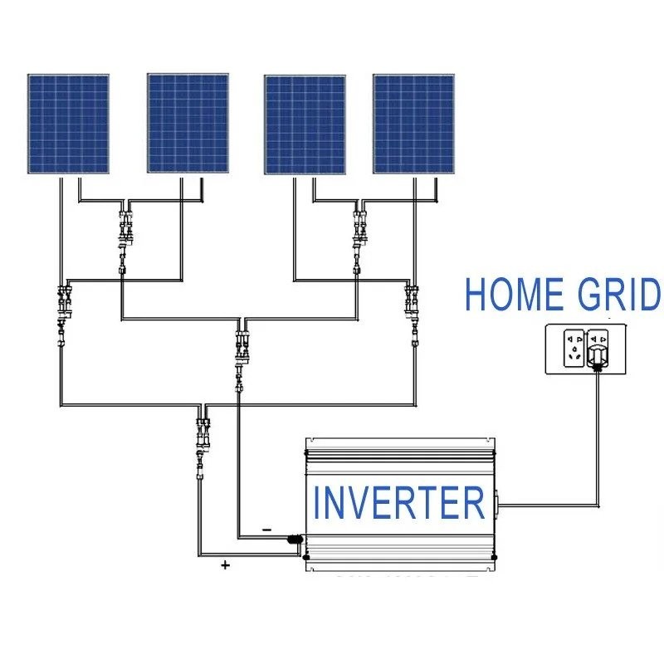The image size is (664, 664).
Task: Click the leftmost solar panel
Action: tap(68, 124)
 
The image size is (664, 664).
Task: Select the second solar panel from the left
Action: tap(188, 124)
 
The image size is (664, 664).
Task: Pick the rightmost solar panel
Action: tap(414, 124)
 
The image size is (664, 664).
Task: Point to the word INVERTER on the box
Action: tap(398, 503)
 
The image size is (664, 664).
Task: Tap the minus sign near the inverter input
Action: tap(266, 528)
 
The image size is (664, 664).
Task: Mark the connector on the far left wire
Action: tap(62, 307)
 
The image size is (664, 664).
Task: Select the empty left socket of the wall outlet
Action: tap(571, 348)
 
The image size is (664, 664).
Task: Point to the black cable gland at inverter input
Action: tap(294, 539)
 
